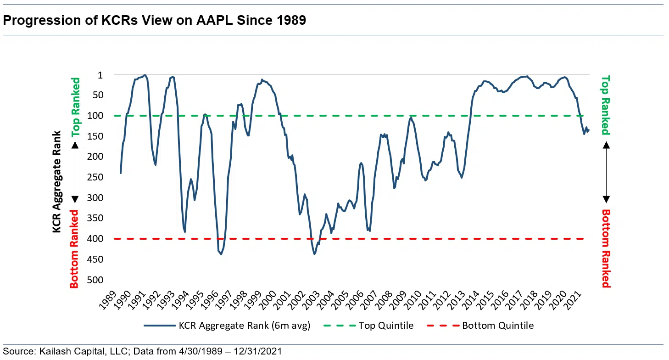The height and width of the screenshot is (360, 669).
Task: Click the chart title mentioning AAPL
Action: [155, 21]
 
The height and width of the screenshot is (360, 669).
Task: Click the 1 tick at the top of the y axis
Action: [101, 74]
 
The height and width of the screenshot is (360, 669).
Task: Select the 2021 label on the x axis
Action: [580, 299]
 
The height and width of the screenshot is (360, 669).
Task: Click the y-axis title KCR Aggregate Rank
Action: [57, 181]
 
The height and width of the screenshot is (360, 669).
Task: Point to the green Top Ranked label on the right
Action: [606, 105]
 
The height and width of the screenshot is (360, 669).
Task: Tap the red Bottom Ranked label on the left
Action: [74, 248]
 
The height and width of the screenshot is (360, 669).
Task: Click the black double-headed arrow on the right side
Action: [606, 172]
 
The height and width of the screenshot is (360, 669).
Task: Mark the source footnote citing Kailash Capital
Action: [142, 351]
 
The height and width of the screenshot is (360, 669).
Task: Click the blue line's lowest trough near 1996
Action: [221, 254]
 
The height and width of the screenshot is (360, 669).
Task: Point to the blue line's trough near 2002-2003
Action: [314, 253]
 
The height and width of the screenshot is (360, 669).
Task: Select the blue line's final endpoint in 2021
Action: [589, 130]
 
